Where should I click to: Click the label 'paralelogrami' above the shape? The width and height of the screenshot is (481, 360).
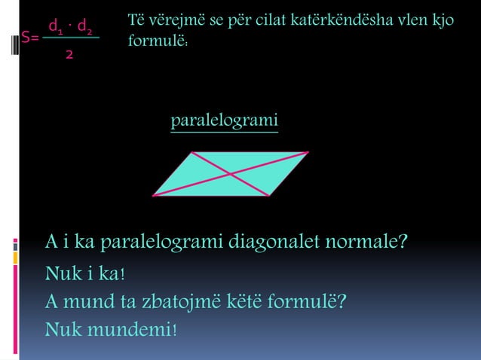224,121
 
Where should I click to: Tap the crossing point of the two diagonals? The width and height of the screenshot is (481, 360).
230,174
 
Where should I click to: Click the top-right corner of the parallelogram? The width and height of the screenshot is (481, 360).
308,152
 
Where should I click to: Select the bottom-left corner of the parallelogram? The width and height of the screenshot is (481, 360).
152,196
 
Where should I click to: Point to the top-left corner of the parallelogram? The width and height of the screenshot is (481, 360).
191,152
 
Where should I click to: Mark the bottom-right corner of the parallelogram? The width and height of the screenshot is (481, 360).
270,196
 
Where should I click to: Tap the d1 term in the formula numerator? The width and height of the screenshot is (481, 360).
55,29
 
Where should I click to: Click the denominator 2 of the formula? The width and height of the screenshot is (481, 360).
69,55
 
